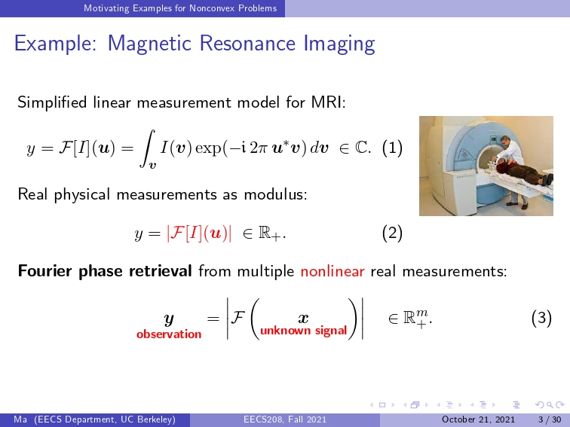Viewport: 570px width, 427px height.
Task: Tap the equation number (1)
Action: (392, 148)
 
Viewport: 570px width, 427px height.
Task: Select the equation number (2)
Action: (392, 233)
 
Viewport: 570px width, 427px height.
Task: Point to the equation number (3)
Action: (541, 318)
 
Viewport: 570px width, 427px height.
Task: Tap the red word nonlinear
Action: (332, 271)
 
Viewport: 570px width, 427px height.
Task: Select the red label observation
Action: (169, 334)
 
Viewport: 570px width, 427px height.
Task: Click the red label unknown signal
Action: (304, 331)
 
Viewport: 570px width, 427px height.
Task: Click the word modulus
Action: (275, 194)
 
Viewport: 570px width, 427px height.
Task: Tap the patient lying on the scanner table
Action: (523, 172)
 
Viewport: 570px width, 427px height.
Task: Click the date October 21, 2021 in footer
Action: (478, 419)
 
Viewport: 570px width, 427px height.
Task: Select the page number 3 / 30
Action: (550, 419)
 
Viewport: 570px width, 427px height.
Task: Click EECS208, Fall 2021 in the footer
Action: (285, 419)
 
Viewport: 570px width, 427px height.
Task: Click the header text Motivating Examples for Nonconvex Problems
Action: (180, 8)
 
